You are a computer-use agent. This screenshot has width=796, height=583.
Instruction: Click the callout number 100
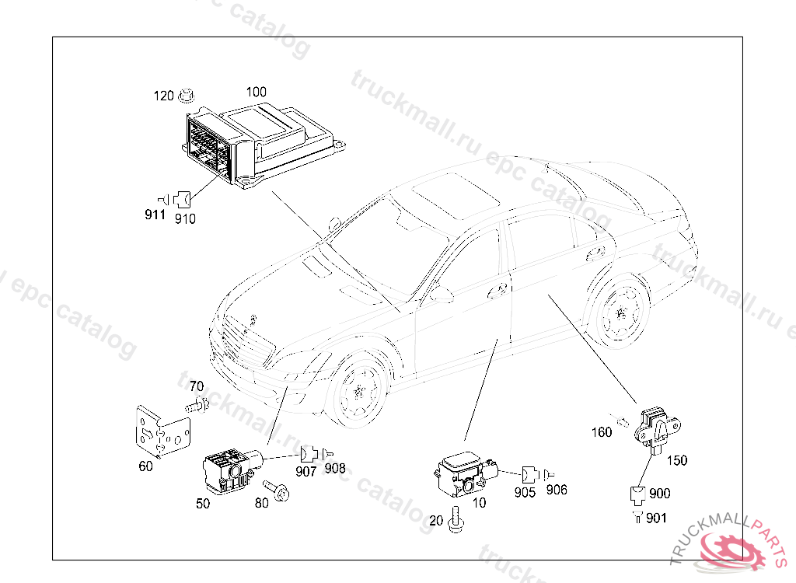257,91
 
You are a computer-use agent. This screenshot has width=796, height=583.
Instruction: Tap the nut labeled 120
186,96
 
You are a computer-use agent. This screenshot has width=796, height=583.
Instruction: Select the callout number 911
155,215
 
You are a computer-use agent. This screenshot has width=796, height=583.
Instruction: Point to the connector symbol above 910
183,198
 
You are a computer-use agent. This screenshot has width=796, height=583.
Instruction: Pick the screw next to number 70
198,404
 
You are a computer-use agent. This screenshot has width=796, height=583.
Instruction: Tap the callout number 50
203,504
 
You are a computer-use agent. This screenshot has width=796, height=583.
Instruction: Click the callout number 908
335,468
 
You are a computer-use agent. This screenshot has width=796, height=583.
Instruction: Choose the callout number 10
480,503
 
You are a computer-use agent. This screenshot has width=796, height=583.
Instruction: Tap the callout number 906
557,490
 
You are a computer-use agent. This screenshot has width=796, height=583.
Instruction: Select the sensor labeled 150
655,427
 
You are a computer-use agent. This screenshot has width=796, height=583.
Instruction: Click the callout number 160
602,432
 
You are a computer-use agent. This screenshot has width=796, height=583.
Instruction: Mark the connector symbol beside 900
637,493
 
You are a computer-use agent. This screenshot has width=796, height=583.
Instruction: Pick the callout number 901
656,518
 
